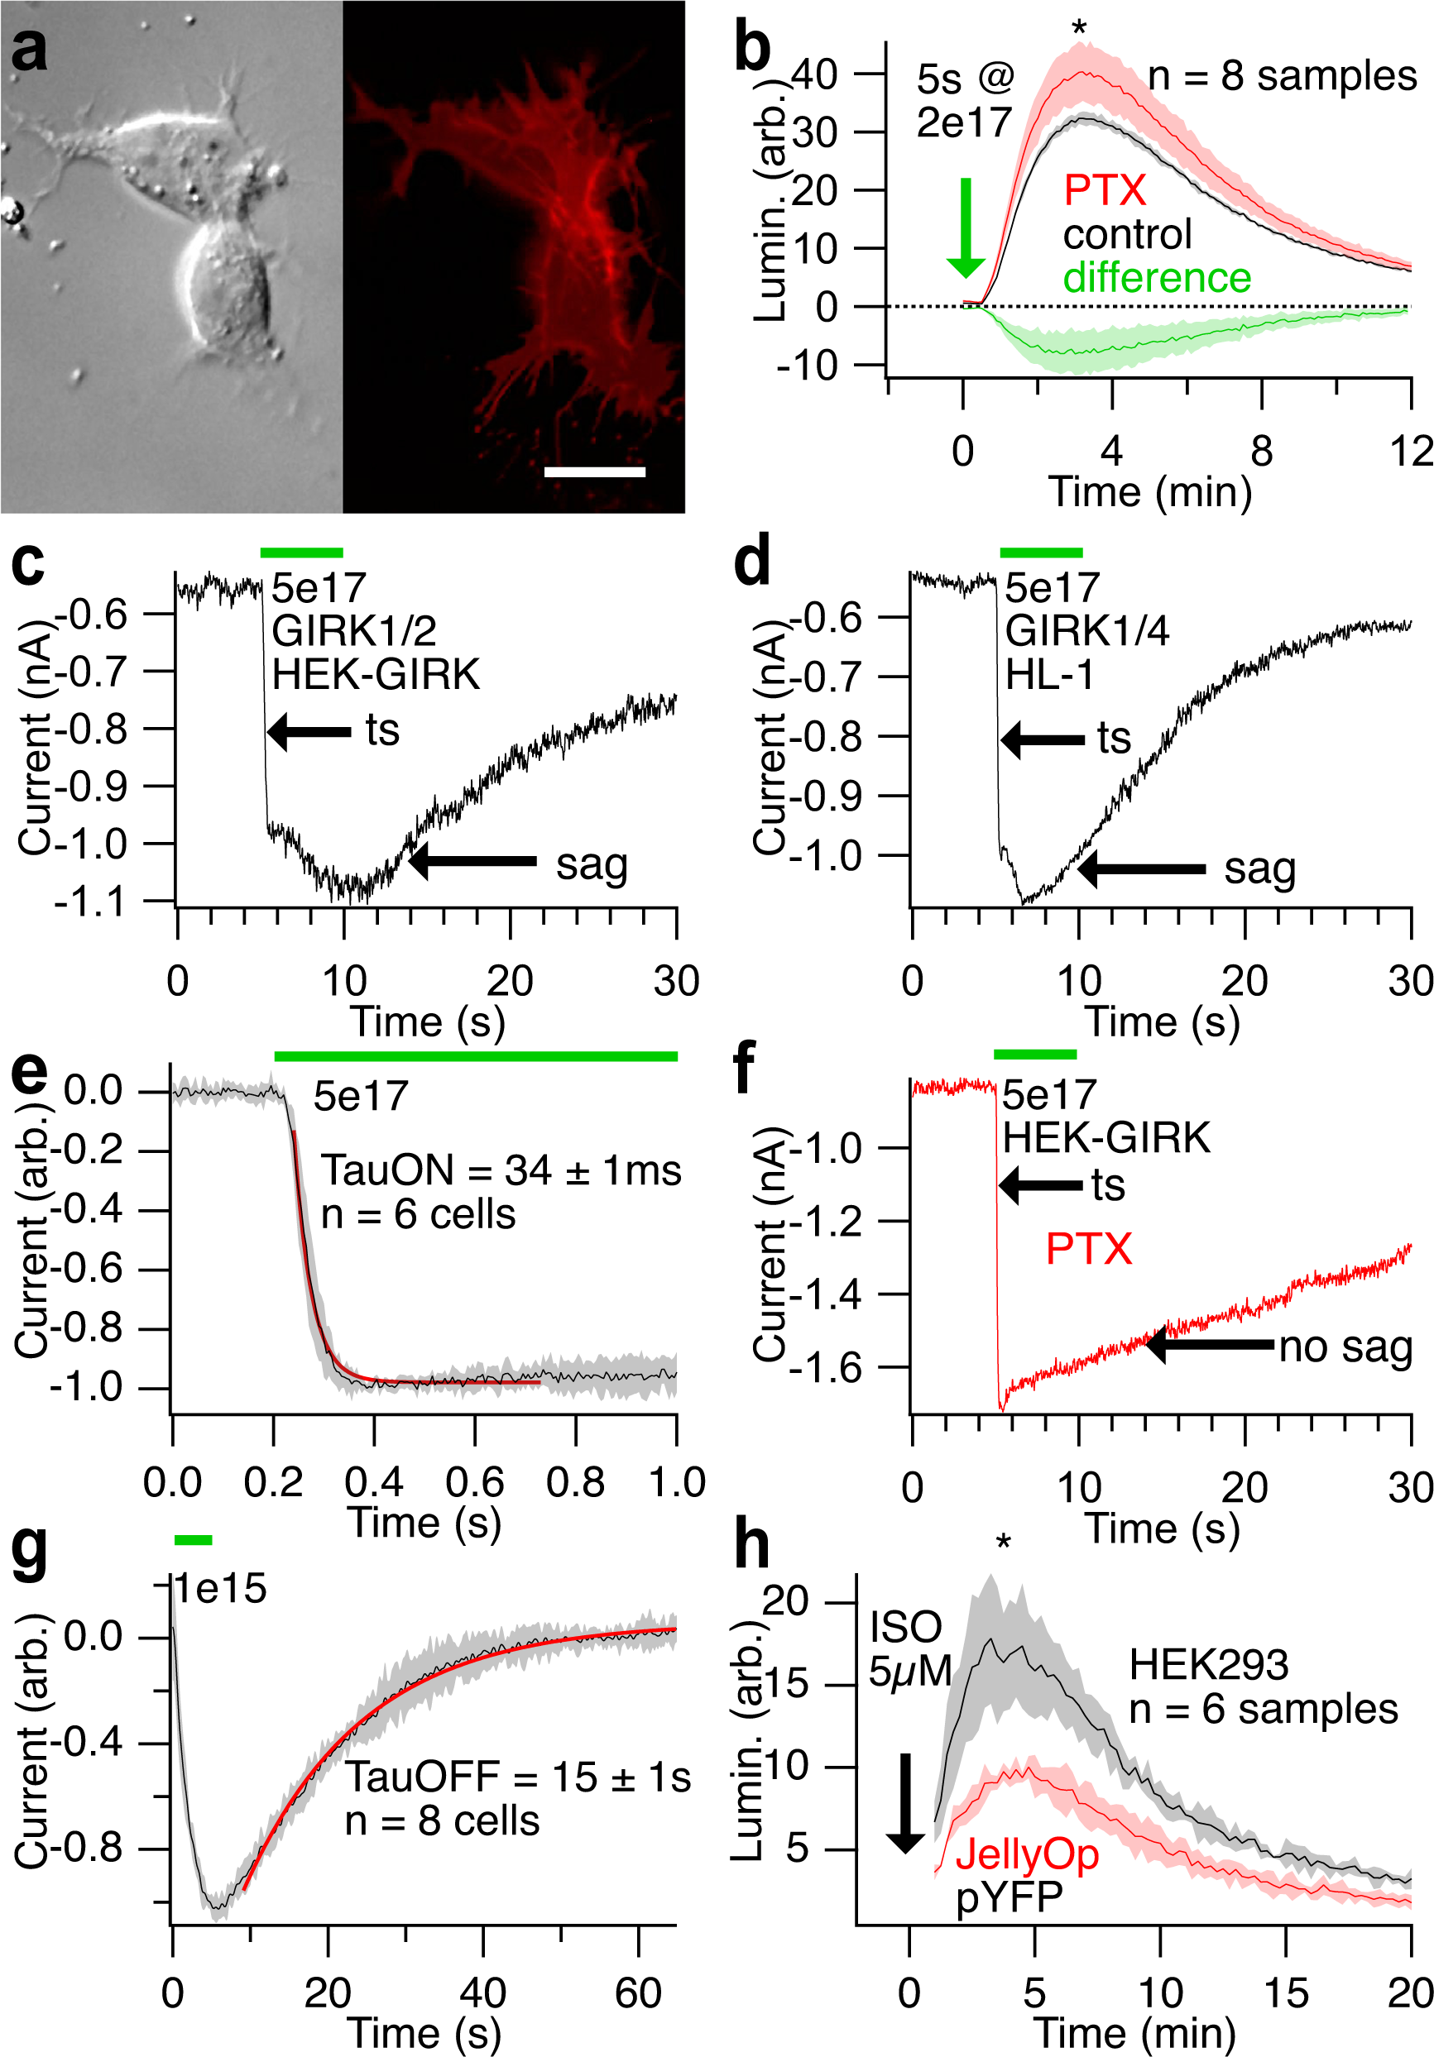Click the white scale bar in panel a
click(594, 471)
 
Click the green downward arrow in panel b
click(966, 228)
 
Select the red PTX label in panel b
click(1104, 191)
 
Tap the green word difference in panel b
click(1156, 278)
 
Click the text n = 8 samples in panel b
click(1282, 77)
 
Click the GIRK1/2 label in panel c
click(354, 632)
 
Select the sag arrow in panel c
click(472, 862)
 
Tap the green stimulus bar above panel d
click(1041, 552)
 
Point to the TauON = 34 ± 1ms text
click(501, 1171)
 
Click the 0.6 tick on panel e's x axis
click(474, 1483)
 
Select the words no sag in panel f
click(1345, 1347)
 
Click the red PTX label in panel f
click(1088, 1249)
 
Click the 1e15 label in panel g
click(220, 1590)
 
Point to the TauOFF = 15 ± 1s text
click(518, 1777)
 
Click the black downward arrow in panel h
click(905, 1802)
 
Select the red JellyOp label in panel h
click(1026, 1854)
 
